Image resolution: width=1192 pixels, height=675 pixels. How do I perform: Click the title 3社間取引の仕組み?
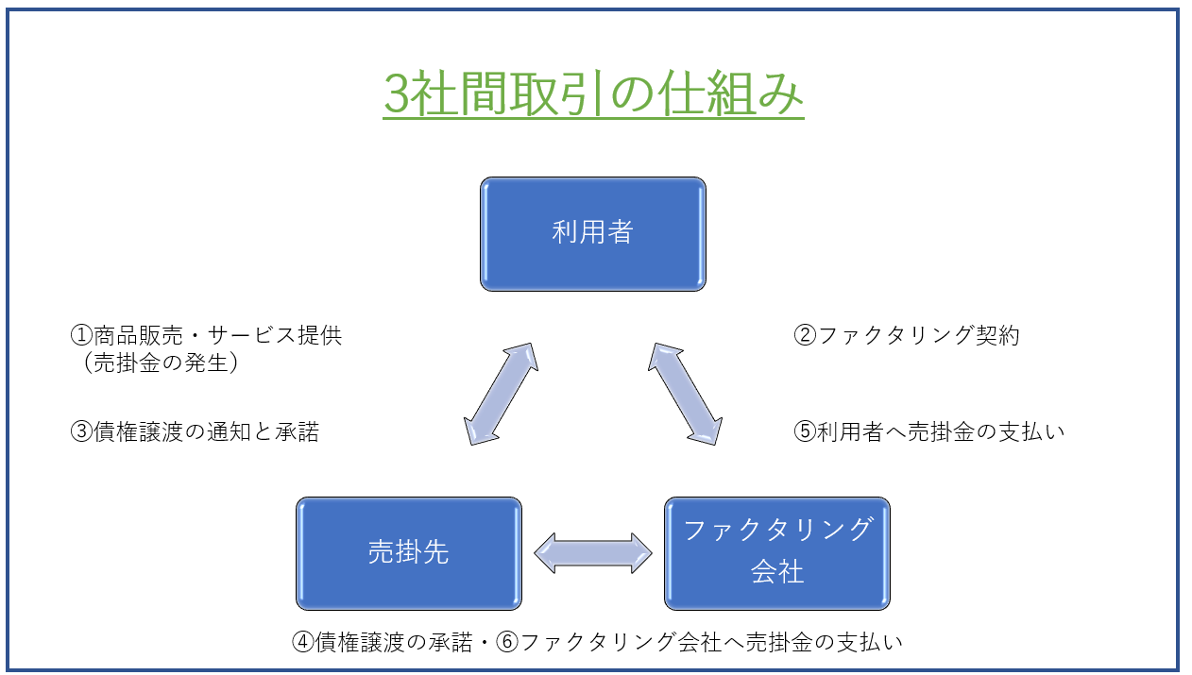coord(593,93)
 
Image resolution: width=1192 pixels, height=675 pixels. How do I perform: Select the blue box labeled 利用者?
coord(593,234)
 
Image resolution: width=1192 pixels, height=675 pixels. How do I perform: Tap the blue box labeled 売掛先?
coord(409,553)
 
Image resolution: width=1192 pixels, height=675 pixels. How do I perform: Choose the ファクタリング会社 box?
coord(777,553)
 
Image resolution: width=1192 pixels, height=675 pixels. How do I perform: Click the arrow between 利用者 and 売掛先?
coord(501,394)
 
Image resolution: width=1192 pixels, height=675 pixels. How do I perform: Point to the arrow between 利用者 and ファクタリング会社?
coord(685,394)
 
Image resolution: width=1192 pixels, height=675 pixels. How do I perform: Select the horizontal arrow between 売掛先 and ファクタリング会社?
coord(593,553)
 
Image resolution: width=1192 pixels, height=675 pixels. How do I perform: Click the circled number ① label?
coord(81,335)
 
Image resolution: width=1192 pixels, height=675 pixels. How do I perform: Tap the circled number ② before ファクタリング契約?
coord(805,335)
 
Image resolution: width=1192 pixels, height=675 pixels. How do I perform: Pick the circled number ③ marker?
coord(81,431)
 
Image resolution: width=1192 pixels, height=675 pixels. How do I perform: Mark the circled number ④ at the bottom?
coord(303,642)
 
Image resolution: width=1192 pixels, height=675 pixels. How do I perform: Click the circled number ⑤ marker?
coord(805,431)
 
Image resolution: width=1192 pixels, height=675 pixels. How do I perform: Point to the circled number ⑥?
coord(507,642)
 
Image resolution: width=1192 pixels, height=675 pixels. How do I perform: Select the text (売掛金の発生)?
coord(161,363)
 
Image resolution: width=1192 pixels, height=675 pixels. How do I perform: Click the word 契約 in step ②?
coord(997,335)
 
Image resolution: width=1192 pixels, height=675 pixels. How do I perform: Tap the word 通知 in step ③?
coord(229,431)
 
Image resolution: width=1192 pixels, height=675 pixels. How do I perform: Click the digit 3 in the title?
coord(397,94)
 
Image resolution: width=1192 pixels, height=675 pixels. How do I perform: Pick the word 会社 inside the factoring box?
coord(777,572)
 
